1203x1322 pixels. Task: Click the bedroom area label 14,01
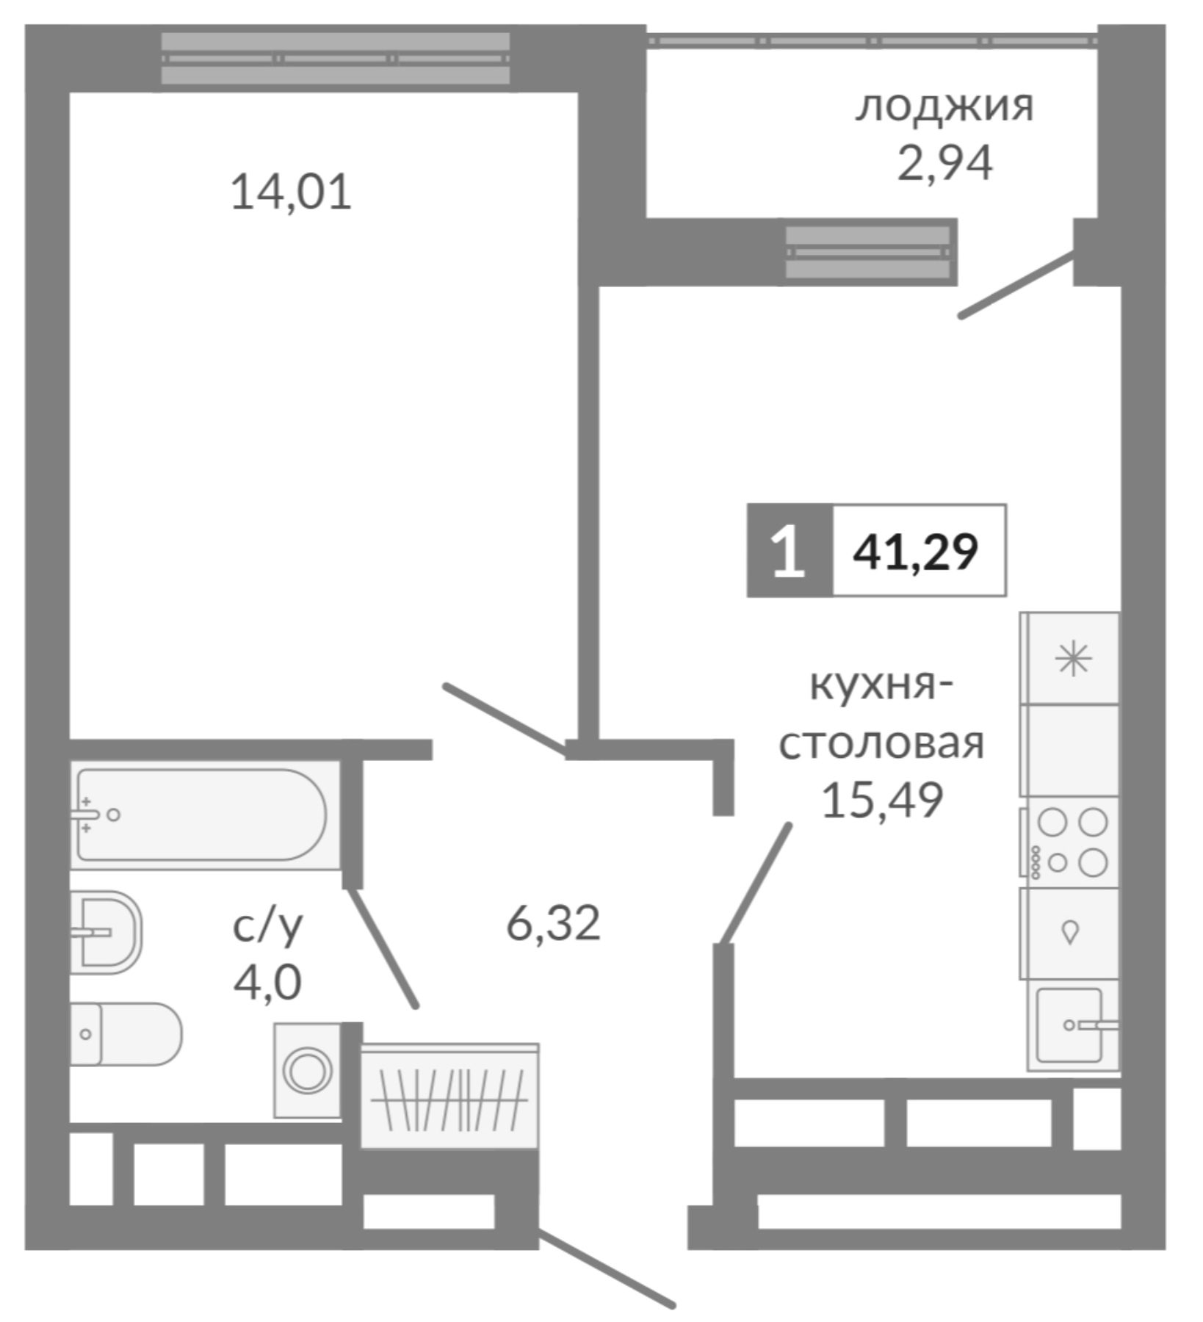tap(291, 192)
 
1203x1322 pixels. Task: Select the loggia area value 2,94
tap(944, 163)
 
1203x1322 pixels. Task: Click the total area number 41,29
tap(916, 552)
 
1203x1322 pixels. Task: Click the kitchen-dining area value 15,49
tap(881, 800)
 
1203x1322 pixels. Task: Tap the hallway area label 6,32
tap(553, 923)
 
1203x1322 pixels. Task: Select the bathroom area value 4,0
tap(267, 982)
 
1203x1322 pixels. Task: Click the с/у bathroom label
tap(267, 927)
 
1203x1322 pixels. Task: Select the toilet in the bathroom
tap(125, 1033)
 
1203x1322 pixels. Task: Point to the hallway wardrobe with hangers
tap(449, 1097)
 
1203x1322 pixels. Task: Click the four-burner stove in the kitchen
tap(1071, 842)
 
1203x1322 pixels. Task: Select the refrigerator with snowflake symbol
tap(1072, 658)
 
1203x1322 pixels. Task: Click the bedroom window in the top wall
tap(335, 59)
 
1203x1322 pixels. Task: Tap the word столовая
tap(881, 743)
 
